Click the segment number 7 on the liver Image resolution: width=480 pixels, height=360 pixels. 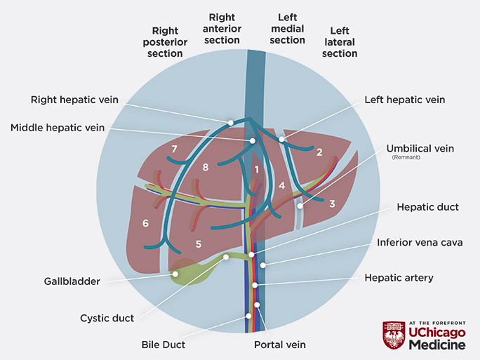pos(173,149)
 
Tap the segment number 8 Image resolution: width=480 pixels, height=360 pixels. pos(206,167)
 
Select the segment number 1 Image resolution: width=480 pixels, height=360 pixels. pos(258,169)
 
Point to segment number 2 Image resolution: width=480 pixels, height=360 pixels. pos(319,152)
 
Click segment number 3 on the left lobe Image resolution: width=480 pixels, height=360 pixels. pos(332,204)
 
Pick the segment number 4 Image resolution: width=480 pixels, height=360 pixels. pos(281,185)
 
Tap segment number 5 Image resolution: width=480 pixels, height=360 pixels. pos(199,244)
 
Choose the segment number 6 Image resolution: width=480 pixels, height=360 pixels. pos(145,223)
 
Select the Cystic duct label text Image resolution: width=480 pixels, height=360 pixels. pos(107,318)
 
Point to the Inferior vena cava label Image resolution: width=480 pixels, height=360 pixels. pos(420,242)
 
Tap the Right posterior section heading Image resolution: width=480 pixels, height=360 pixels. pos(166,42)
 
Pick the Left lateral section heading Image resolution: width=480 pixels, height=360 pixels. pos(340,42)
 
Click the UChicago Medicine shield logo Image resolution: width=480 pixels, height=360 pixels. pos(393,335)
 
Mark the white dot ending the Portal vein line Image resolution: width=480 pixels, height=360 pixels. pos(258,305)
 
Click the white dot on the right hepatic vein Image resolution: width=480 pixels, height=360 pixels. pos(232,123)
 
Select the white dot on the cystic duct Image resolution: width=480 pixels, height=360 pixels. pos(226,257)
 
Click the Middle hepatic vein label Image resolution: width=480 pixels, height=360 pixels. pos(58,128)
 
